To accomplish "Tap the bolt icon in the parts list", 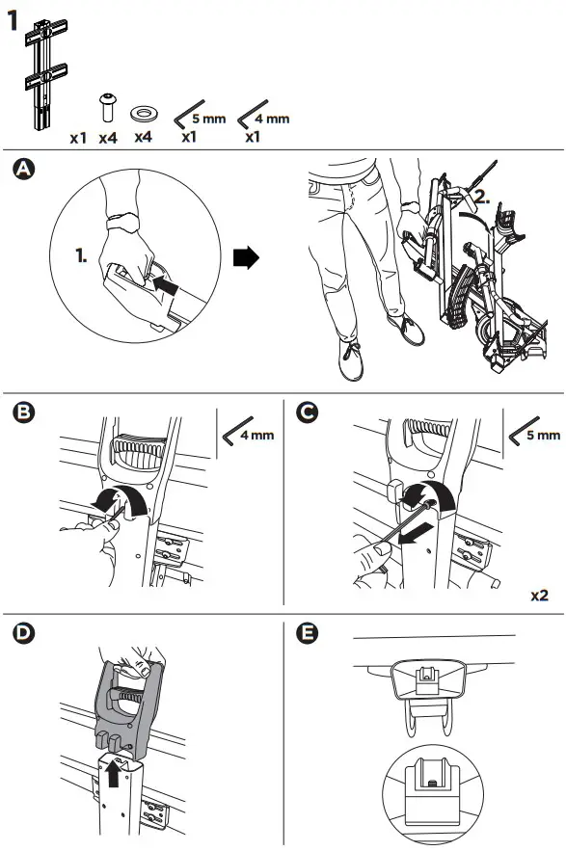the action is click(x=108, y=109).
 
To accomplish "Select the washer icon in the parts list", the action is click(x=144, y=114).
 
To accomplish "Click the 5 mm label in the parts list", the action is click(x=209, y=119).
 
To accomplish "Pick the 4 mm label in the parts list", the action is click(x=272, y=119).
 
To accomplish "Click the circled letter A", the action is click(x=23, y=169).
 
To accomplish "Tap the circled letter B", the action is click(x=23, y=412).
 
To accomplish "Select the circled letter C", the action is click(x=308, y=412).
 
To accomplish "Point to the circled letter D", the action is click(x=23, y=633).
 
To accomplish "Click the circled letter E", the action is click(x=308, y=633).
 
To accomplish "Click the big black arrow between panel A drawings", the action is click(x=246, y=257).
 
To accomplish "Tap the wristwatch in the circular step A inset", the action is click(x=122, y=222).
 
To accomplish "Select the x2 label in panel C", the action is click(x=539, y=596).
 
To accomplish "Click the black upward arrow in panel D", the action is click(x=114, y=772).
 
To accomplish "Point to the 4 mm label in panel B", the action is click(x=257, y=435).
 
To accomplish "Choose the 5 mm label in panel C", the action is click(x=543, y=435).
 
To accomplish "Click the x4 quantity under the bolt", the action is click(x=108, y=138).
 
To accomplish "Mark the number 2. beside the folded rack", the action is click(x=482, y=197).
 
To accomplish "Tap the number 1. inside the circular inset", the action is click(x=81, y=255).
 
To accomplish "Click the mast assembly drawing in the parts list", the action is click(x=45, y=74).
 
